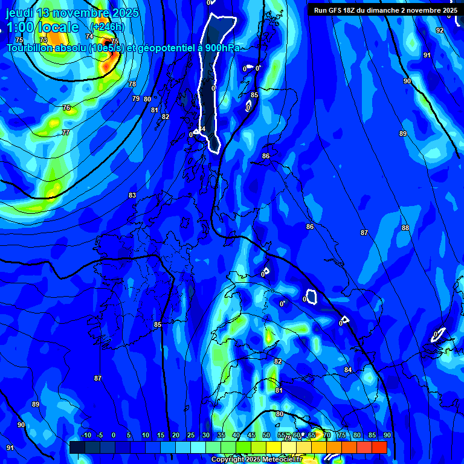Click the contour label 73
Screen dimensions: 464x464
(43, 40)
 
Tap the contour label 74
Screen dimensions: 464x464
(89, 36)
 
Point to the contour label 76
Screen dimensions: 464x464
(66, 108)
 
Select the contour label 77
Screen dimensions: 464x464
(65, 132)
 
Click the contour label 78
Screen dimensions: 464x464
(132, 84)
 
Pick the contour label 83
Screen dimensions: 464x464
(132, 195)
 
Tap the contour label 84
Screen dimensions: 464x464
(348, 370)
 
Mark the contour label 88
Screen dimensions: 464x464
(405, 228)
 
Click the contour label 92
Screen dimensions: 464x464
(440, 30)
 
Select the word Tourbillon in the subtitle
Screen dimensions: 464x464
(31, 48)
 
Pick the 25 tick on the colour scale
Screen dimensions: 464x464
(190, 435)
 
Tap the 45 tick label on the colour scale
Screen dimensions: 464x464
(251, 435)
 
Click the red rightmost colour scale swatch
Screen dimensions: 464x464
(379, 447)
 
